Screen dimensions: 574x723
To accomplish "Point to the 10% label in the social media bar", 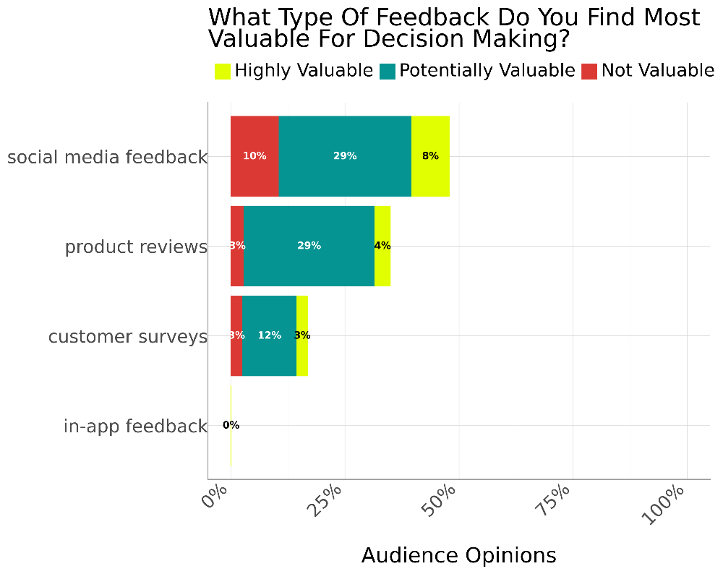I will click(x=254, y=156).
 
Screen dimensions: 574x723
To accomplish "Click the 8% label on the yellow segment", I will click(x=430, y=156).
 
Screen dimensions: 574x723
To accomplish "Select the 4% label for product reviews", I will click(x=382, y=246).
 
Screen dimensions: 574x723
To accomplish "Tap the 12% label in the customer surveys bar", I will click(x=270, y=335).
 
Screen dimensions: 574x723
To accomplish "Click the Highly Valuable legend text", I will click(x=304, y=71).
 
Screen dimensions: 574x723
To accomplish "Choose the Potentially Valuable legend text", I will click(x=487, y=71).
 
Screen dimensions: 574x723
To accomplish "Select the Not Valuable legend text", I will click(x=658, y=71).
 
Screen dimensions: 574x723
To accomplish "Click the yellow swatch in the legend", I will click(x=223, y=71).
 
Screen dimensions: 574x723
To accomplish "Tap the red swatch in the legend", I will click(x=589, y=71).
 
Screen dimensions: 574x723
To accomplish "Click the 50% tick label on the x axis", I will click(x=440, y=500).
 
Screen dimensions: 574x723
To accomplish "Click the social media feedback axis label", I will click(x=107, y=157).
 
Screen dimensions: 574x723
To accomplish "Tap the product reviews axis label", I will click(x=136, y=247).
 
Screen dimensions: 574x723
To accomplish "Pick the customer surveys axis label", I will click(x=128, y=337).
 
